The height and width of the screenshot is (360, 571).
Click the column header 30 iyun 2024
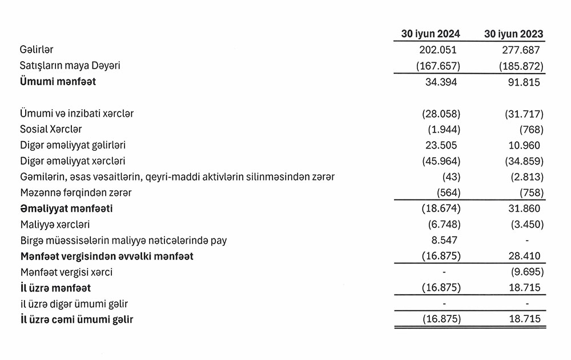pyautogui.click(x=431, y=34)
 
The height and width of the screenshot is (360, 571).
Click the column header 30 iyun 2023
pyautogui.click(x=513, y=34)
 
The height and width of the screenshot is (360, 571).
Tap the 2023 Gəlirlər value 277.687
pyautogui.click(x=520, y=50)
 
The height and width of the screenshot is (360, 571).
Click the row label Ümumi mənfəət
pyautogui.click(x=58, y=82)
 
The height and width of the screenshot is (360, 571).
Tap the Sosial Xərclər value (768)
pyautogui.click(x=529, y=130)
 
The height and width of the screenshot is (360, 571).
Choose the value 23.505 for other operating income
pyautogui.click(x=440, y=146)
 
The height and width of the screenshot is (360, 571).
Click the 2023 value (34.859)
pyautogui.click(x=520, y=161)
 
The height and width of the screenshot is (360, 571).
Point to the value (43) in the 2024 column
pyautogui.click(x=448, y=177)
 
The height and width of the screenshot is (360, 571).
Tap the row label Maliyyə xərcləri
pyautogui.click(x=54, y=225)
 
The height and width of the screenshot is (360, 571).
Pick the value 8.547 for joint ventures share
pyautogui.click(x=443, y=241)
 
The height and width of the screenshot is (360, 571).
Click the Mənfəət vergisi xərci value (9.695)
pyautogui.click(x=524, y=273)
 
